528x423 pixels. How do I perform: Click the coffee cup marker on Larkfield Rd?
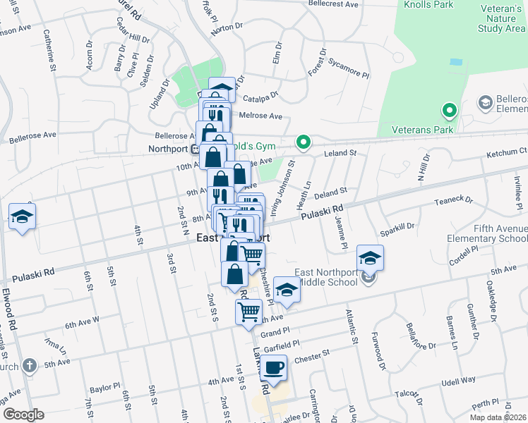pos(274,367)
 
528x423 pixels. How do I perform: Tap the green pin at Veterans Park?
pos(448,111)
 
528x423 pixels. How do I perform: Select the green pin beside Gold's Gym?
pos(304,143)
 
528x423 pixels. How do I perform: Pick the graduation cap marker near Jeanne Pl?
pos(369,259)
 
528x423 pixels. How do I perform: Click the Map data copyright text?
pos(498,417)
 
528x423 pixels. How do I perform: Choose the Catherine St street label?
pos(50,50)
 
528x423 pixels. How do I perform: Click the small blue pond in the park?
pos(455,62)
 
